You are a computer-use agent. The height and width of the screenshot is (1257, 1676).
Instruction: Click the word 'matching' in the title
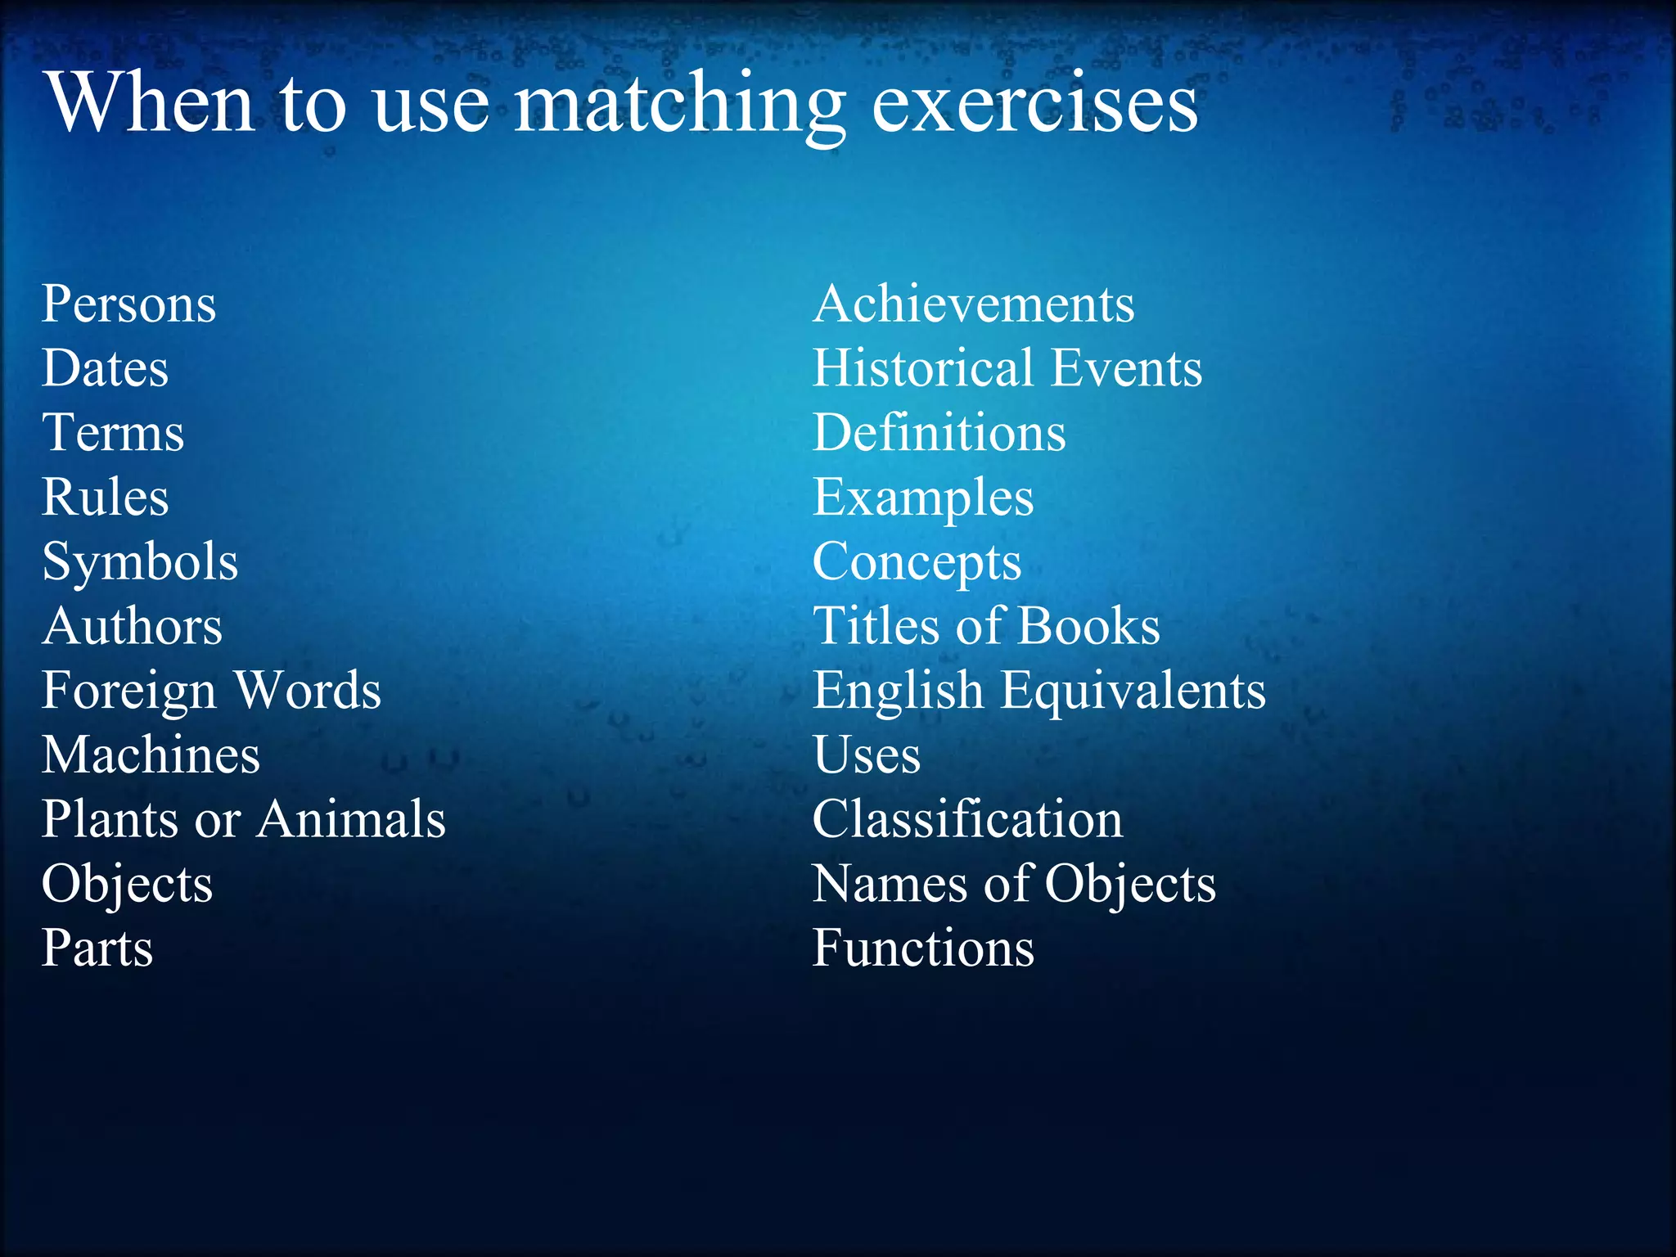[x=679, y=105]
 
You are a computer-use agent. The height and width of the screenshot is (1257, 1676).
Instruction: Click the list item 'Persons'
[x=129, y=304]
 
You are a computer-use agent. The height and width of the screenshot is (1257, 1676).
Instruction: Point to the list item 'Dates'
[x=106, y=368]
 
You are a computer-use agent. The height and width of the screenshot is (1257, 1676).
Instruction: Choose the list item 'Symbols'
[x=140, y=563]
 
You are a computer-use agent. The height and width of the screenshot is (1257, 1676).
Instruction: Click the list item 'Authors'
[x=133, y=627]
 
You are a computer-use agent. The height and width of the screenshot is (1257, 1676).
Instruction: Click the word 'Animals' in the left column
[x=352, y=819]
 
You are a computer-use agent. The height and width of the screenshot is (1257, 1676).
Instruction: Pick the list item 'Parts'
[x=97, y=948]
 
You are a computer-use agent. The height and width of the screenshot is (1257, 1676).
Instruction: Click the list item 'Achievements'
[x=974, y=304]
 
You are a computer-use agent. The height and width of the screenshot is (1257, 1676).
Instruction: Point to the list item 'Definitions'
[x=939, y=433]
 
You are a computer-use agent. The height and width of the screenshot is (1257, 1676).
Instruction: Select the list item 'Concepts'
[x=917, y=563]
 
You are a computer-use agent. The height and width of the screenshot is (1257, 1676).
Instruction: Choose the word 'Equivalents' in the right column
[x=1133, y=691]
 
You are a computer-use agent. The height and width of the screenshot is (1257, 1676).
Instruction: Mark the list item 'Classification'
[x=968, y=819]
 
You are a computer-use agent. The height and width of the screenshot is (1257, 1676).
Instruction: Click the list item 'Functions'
[x=924, y=948]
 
